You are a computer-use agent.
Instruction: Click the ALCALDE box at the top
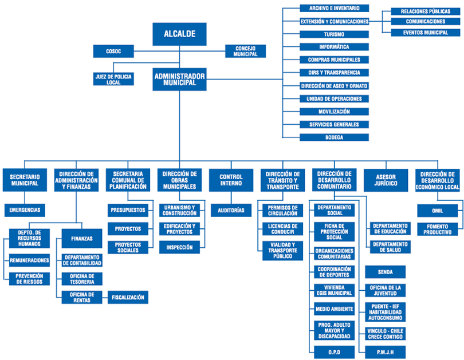tap(179, 34)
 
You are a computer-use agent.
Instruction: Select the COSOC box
tap(113, 51)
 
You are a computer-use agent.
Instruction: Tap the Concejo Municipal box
tap(245, 51)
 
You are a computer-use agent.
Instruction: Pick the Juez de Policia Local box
tap(113, 79)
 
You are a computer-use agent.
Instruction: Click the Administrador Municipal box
tap(179, 79)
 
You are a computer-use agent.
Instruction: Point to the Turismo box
tap(334, 34)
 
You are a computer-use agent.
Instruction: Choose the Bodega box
tap(334, 137)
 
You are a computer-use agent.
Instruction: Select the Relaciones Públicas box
tap(426, 11)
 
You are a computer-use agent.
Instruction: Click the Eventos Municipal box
tap(426, 33)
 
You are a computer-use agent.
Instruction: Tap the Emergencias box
tap(25, 210)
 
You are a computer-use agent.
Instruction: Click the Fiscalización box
tap(128, 298)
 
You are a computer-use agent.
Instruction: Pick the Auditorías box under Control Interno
tap(231, 210)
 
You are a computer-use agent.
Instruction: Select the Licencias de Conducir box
tap(282, 229)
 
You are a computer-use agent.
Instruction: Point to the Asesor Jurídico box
tap(386, 180)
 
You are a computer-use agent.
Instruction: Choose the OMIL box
tap(438, 211)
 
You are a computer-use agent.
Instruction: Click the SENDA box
tap(385, 272)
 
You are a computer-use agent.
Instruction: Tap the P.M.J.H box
tap(385, 352)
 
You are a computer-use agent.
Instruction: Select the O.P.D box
tap(334, 352)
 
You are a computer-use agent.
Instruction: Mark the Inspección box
tap(179, 247)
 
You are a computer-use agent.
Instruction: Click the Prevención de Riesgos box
tap(29, 279)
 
